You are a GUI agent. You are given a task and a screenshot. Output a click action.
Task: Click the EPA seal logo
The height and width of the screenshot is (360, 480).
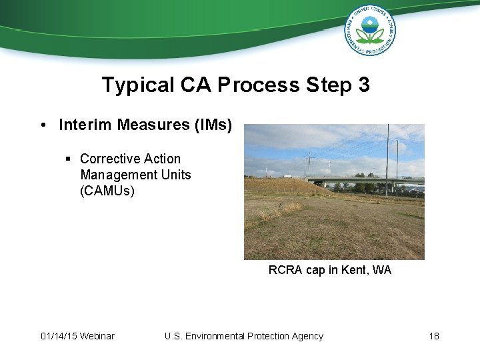click(x=369, y=29)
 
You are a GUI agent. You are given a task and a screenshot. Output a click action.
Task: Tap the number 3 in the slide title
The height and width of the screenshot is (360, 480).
click(x=363, y=85)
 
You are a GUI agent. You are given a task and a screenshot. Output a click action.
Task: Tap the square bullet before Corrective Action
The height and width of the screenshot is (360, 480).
click(x=68, y=159)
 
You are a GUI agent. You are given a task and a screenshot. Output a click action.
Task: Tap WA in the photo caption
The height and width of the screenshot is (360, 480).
click(x=383, y=270)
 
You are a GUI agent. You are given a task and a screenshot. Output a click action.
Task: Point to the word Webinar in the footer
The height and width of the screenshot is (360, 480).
click(x=97, y=336)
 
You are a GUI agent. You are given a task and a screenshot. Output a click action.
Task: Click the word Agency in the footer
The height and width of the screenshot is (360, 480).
click(x=307, y=336)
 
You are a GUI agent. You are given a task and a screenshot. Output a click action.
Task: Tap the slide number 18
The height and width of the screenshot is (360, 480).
click(x=434, y=336)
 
